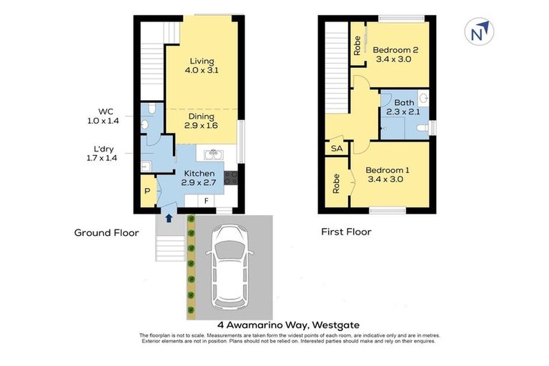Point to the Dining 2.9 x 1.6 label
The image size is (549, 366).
[x=202, y=121]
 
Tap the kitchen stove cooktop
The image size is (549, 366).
[x=231, y=177]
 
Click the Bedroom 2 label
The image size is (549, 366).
[x=395, y=55]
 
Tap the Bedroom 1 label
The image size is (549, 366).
[x=388, y=175]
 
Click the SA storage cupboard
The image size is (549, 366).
[x=335, y=149]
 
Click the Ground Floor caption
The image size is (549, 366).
[x=107, y=232]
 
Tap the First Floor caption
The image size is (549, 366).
[x=346, y=232]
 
